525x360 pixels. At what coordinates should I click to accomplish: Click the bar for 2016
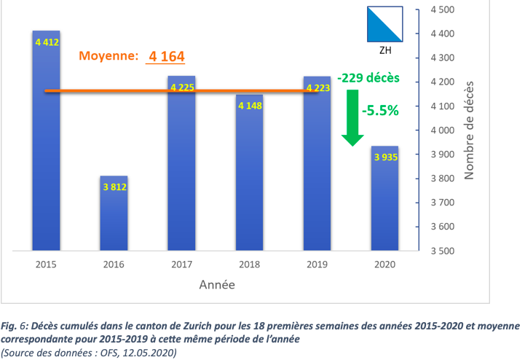[x=114, y=213]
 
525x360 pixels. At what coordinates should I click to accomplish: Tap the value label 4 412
[x=47, y=42]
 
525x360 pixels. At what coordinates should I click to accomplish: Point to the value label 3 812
[x=114, y=187]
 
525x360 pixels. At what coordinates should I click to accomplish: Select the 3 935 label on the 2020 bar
[x=385, y=157]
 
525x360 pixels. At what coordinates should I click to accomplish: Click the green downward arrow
[x=353, y=117]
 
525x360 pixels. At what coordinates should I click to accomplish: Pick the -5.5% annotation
[x=379, y=111]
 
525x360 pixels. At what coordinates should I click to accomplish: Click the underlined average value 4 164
[x=167, y=56]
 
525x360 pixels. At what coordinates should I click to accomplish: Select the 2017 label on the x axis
[x=182, y=265]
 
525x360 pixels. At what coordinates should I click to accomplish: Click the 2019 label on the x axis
[x=317, y=265]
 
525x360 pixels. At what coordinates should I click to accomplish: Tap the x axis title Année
[x=217, y=285]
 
